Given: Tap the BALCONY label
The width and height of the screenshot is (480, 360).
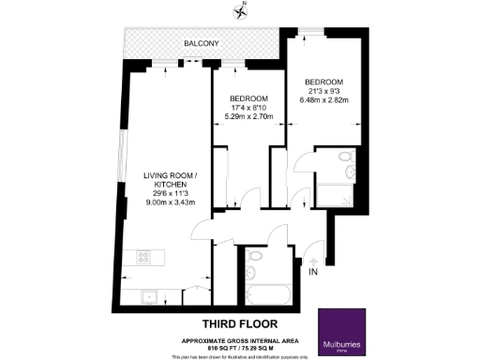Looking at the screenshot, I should point(202,44).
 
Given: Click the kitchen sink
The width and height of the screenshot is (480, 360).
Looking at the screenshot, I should point(147,297).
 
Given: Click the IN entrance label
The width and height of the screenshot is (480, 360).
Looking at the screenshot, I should point(315,273).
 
